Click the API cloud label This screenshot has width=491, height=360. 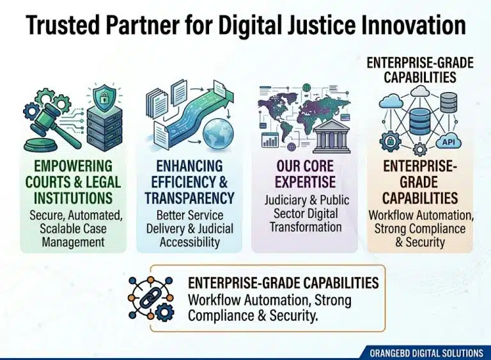point(448,142)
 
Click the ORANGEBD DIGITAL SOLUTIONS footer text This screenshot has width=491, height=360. point(426,353)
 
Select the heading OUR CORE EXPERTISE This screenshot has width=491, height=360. point(306,174)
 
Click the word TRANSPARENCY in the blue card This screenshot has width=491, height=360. point(189,198)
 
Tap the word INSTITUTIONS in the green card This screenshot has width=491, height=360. point(73,198)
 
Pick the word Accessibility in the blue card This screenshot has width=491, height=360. point(190,242)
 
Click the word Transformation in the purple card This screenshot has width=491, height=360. point(306,227)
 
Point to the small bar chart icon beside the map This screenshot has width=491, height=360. point(270,139)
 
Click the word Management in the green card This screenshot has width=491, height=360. point(74,242)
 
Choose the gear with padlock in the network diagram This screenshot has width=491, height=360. point(390,141)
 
